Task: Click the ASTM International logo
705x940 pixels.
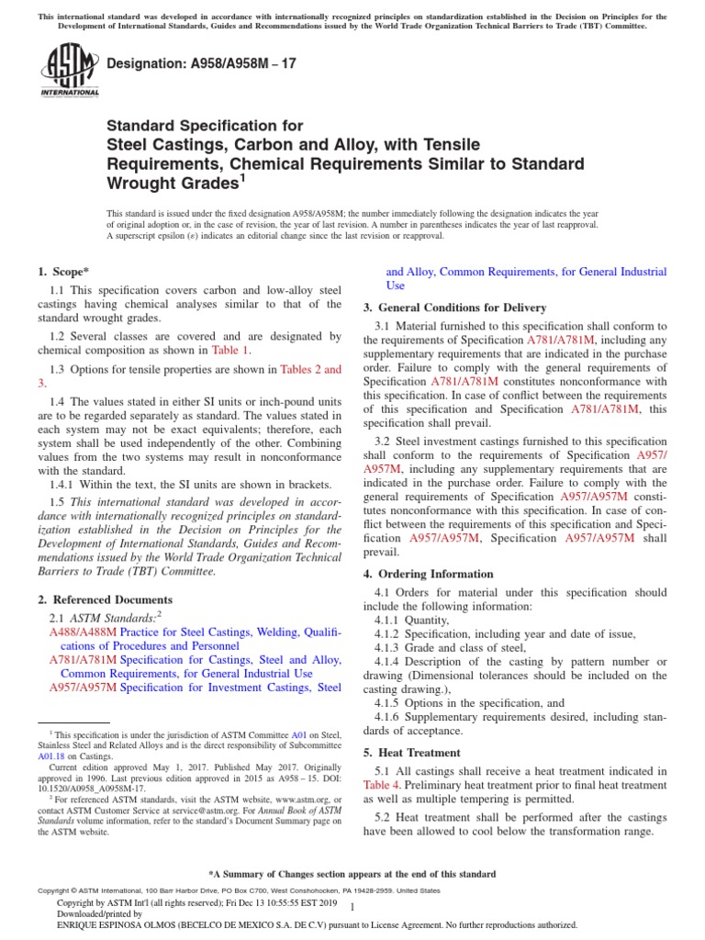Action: [x=69, y=71]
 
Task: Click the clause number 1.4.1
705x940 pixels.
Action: [x=69, y=484]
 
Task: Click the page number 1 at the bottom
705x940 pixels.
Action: [x=364, y=906]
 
